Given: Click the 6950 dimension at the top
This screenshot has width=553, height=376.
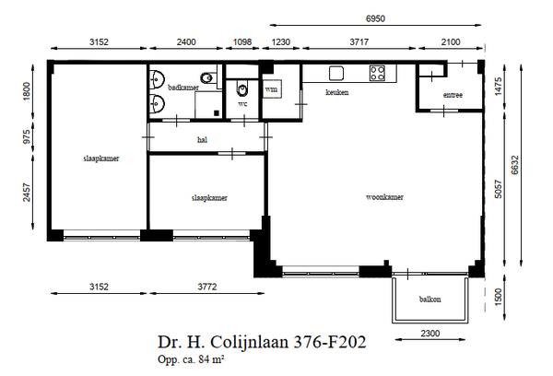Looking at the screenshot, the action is [x=375, y=18].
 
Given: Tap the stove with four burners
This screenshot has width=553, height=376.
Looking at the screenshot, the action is [x=377, y=73].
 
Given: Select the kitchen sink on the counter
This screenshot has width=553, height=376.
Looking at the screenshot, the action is [x=336, y=73].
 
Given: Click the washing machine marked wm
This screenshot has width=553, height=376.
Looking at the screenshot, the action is [x=272, y=89].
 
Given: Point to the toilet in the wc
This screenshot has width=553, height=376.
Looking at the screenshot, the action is [x=242, y=90].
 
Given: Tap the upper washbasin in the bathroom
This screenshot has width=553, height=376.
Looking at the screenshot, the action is [x=157, y=79].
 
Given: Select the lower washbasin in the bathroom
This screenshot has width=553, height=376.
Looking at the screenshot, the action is [x=157, y=104].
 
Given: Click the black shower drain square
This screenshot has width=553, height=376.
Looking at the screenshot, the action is [x=217, y=112].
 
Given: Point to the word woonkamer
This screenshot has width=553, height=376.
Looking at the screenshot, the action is [x=384, y=197].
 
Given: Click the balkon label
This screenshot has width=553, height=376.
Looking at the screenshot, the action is [x=429, y=300].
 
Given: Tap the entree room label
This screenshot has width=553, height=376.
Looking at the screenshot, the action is [x=453, y=95].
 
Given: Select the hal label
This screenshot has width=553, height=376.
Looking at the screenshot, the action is [x=202, y=140].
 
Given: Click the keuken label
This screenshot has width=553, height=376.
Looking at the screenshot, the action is [x=337, y=92].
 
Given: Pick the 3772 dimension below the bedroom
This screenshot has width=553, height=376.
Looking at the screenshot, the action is [x=207, y=287].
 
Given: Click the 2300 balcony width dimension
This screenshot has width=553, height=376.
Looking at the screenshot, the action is [x=430, y=334].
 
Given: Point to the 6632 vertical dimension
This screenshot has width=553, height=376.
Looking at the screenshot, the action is [x=515, y=165].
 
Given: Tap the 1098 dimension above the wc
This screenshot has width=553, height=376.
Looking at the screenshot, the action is [x=242, y=42].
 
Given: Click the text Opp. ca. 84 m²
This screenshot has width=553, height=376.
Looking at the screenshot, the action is [x=191, y=359].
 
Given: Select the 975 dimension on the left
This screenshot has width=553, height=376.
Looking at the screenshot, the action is [x=27, y=137].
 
